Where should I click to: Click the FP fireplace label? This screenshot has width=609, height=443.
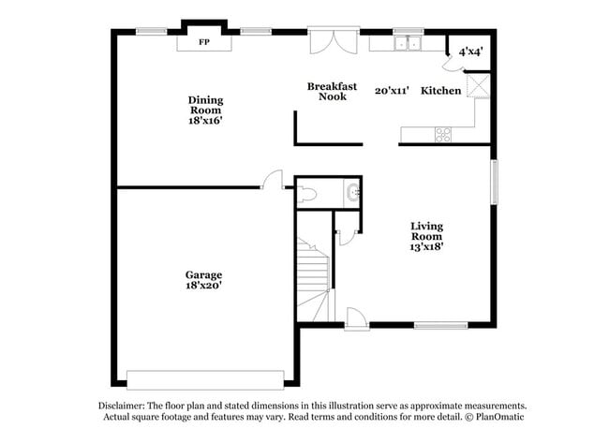click(203, 42)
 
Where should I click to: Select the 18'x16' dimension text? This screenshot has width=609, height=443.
click(205, 120)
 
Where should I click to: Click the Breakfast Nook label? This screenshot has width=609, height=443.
click(332, 91)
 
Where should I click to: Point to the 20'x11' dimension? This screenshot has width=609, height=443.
click(392, 91)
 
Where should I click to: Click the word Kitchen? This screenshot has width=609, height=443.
click(440, 91)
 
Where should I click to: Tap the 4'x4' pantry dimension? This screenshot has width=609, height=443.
click(470, 52)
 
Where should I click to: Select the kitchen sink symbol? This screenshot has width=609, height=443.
click(408, 43)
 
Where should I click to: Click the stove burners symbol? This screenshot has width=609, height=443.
click(443, 135)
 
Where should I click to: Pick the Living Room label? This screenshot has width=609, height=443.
click(426, 230)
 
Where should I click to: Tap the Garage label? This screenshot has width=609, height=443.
click(203, 274)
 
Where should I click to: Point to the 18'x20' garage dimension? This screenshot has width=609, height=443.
click(203, 286)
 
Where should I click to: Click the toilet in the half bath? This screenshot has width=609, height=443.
click(308, 195)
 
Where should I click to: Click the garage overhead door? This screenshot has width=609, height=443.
click(205, 379)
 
